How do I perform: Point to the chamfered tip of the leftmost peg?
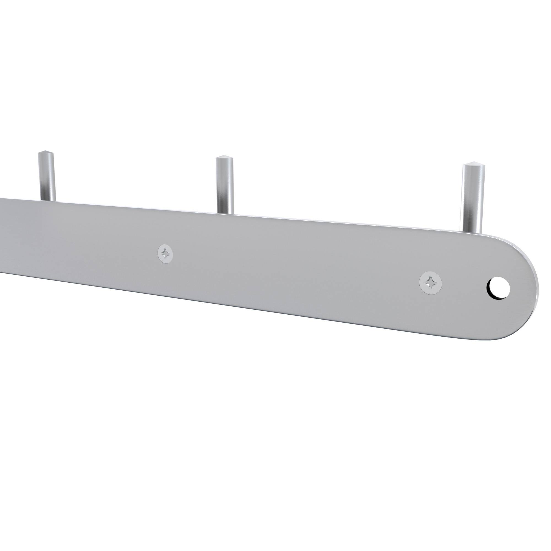(46, 154)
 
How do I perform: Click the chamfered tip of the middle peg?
(224, 158)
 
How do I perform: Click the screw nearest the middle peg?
(165, 253)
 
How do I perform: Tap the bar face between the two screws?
(297, 268)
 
